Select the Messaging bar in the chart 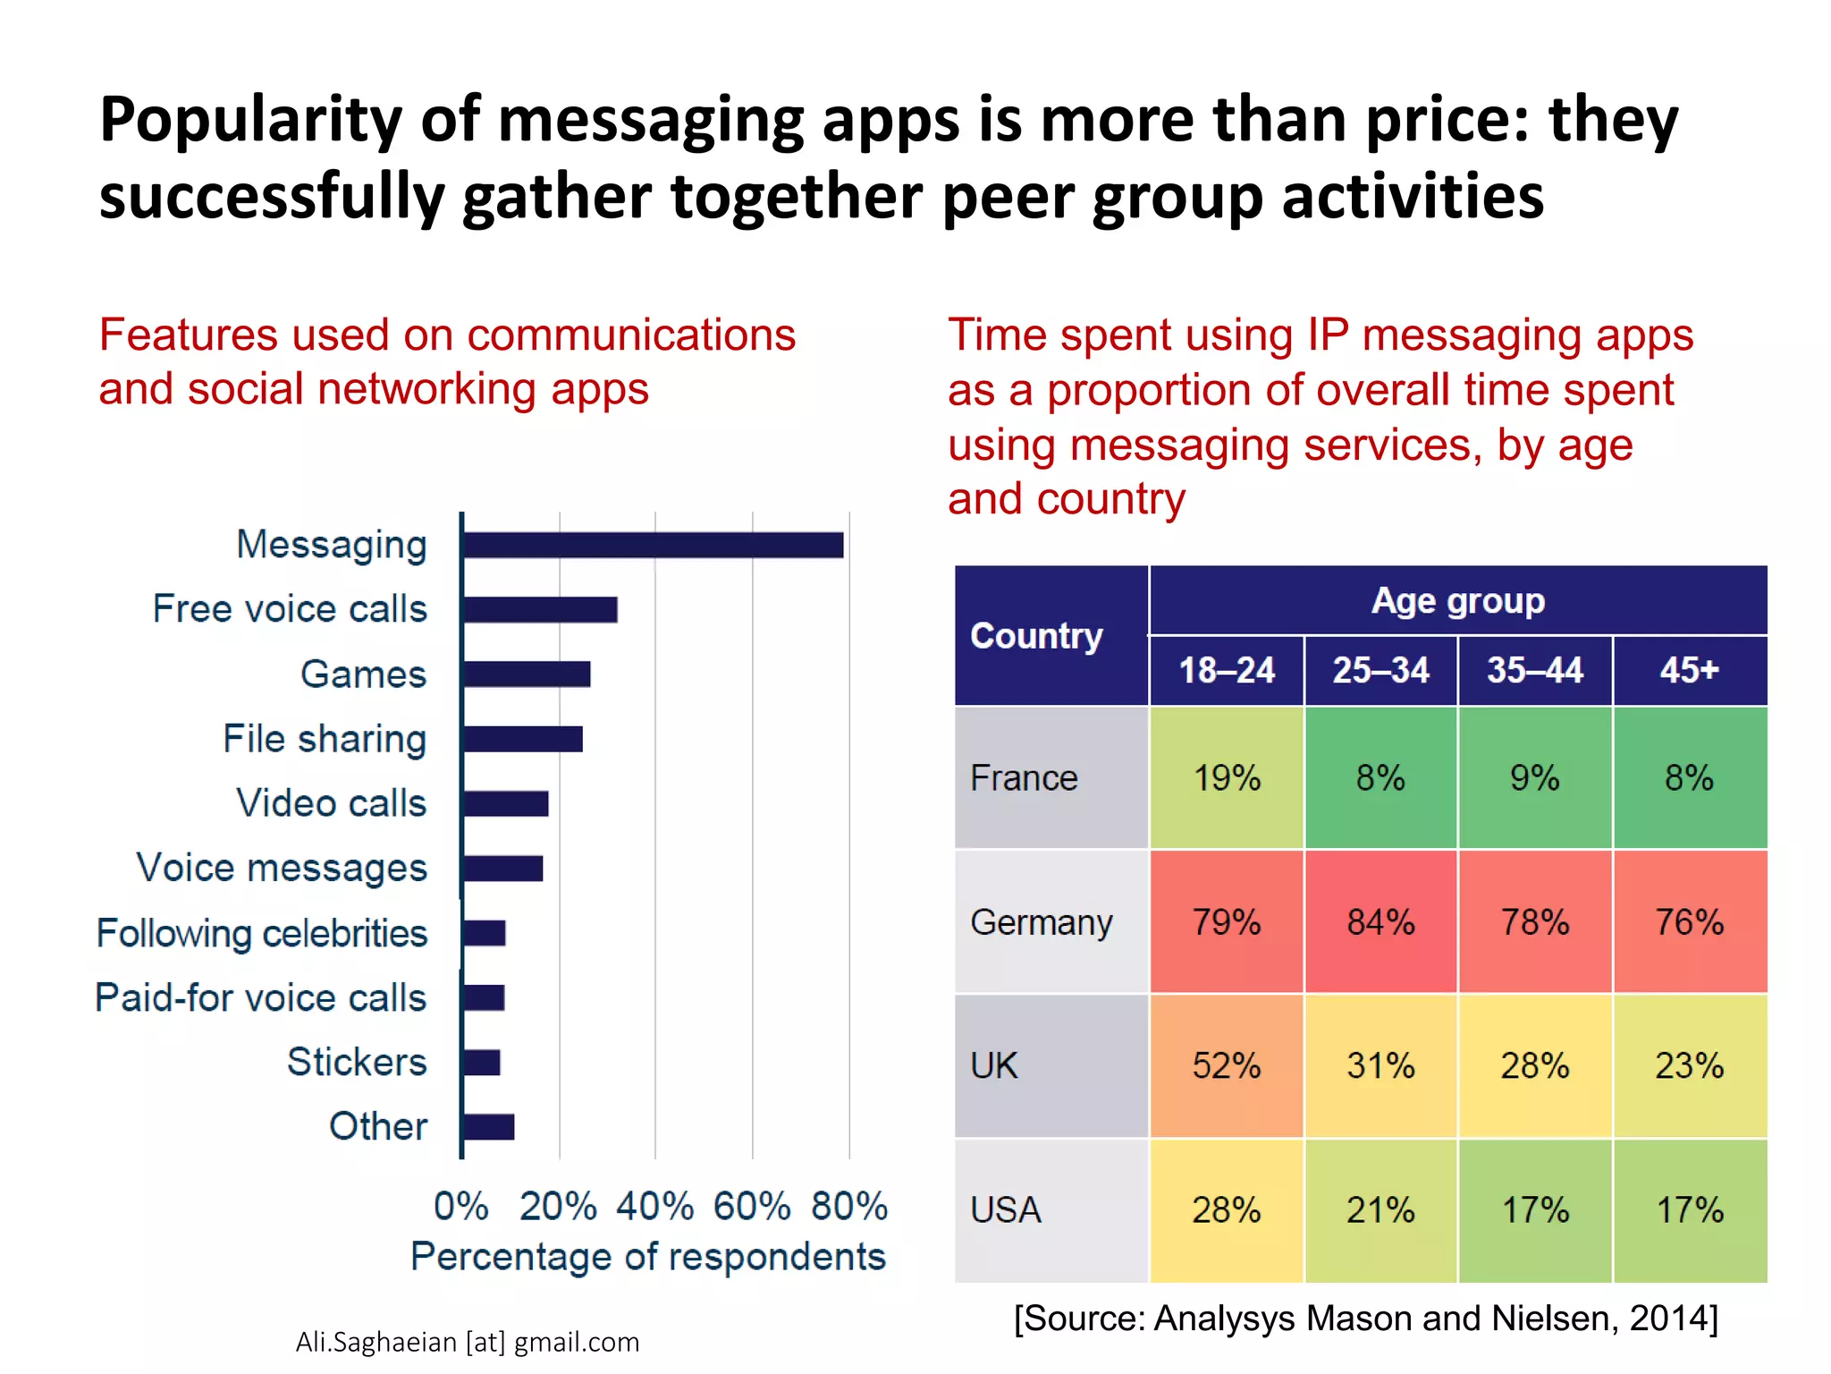pyautogui.click(x=653, y=545)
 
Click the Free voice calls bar pyautogui.click(x=540, y=609)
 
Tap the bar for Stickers pyautogui.click(x=482, y=1063)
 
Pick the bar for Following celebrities pyautogui.click(x=485, y=933)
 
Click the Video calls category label pyautogui.click(x=331, y=803)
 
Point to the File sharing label pyautogui.click(x=325, y=739)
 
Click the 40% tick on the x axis pyautogui.click(x=654, y=1206)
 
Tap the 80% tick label pyautogui.click(x=848, y=1206)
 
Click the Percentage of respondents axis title pyautogui.click(x=647, y=1257)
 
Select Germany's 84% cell pyautogui.click(x=1380, y=921)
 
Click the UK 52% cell pyautogui.click(x=1226, y=1065)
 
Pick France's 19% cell pyautogui.click(x=1226, y=777)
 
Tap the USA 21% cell pyautogui.click(x=1380, y=1210)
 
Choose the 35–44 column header pyautogui.click(x=1534, y=670)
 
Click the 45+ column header pyautogui.click(x=1689, y=670)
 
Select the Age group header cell pyautogui.click(x=1457, y=601)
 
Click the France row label pyautogui.click(x=1025, y=777)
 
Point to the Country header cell pyautogui.click(x=1037, y=635)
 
